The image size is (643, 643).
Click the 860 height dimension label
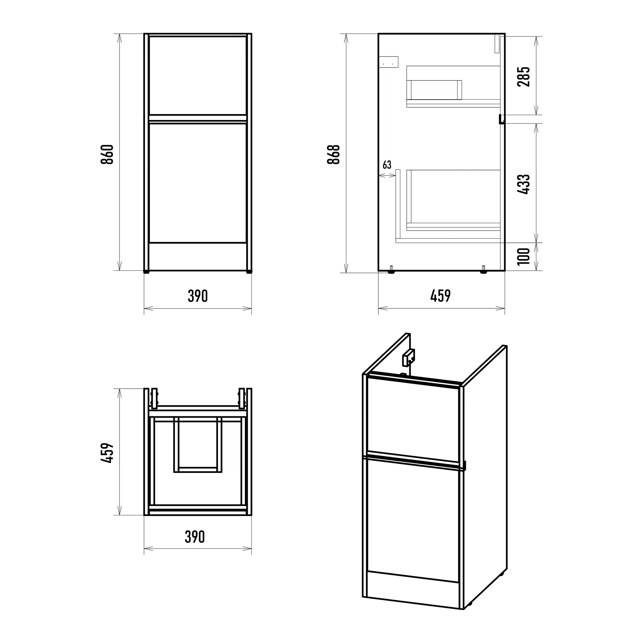[x=107, y=154]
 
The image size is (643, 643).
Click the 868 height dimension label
[x=333, y=154]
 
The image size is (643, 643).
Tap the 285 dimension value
[x=523, y=77]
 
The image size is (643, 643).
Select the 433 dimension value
[x=523, y=184]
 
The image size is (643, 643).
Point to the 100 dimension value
[x=523, y=256]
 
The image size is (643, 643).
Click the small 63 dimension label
[x=387, y=165]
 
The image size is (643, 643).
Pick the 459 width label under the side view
[x=440, y=296]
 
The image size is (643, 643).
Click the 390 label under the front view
[x=198, y=296]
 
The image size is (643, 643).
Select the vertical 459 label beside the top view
[x=107, y=453]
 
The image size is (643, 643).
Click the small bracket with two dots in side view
[x=389, y=62]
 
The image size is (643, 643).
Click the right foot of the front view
[x=249, y=272]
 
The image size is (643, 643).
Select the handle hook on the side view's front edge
[x=502, y=119]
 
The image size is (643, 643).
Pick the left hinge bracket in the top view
[x=154, y=398]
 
